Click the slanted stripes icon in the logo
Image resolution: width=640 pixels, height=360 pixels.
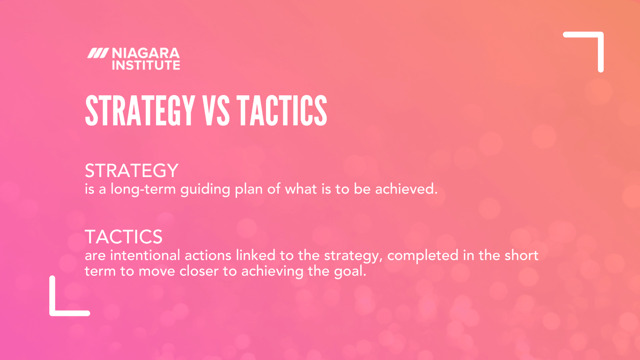[x=98, y=53]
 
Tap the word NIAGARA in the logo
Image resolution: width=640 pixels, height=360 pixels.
[x=146, y=53]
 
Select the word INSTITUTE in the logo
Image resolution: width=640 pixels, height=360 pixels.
[x=146, y=65]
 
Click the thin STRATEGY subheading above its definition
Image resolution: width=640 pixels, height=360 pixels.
[x=131, y=171]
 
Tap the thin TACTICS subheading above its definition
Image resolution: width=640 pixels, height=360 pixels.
[x=124, y=237]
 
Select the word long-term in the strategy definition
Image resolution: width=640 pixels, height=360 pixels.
[x=143, y=190]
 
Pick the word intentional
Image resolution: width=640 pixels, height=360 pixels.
[x=145, y=255]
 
